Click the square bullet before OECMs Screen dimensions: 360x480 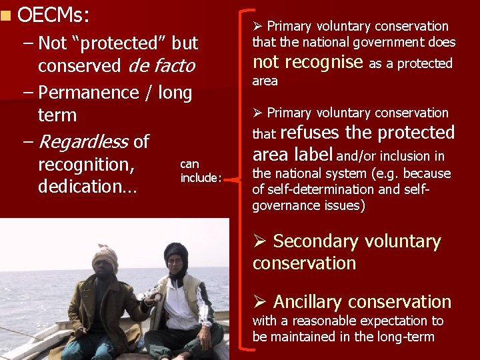pyautogui.click(x=6, y=13)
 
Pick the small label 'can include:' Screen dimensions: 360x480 pyautogui.click(x=200, y=171)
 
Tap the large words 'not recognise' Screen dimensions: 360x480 pyautogui.click(x=307, y=62)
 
